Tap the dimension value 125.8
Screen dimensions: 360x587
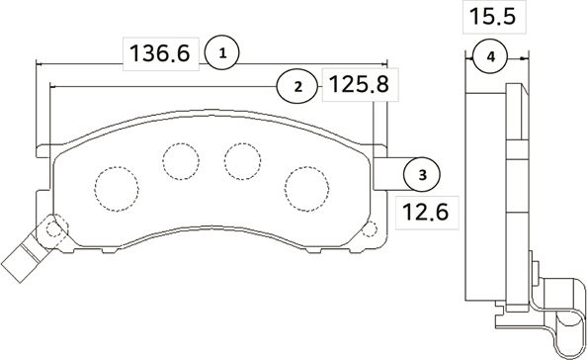coord(354,86)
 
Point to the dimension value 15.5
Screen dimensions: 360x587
coord(491,18)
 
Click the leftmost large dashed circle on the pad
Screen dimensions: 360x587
coord(115,185)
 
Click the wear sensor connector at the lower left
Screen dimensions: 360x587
coord(20,261)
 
